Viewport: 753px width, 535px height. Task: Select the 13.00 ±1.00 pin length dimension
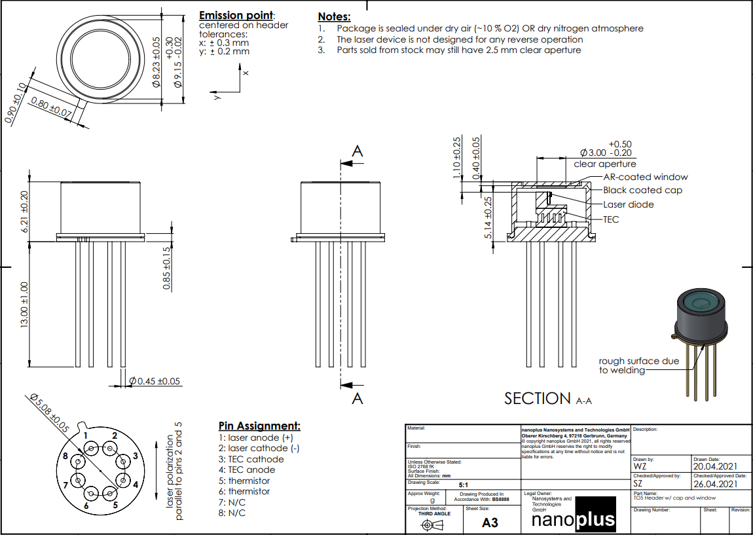click(24, 305)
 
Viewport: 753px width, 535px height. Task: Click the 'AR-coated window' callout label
click(645, 177)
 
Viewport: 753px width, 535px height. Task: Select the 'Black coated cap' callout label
click(642, 191)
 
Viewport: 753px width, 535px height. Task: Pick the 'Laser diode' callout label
click(628, 205)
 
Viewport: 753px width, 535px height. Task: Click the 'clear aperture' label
click(604, 164)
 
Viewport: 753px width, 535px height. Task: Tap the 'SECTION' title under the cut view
click(538, 398)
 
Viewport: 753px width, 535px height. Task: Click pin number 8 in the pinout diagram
click(65, 456)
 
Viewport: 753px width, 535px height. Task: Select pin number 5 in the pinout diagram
click(115, 505)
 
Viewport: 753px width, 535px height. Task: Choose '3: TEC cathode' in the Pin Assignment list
click(251, 459)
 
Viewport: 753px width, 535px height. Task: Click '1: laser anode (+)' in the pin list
click(255, 437)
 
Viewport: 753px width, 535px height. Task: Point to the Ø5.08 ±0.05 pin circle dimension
click(50, 414)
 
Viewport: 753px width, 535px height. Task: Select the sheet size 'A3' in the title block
click(489, 523)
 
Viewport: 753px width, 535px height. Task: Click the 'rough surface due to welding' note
click(638, 365)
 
